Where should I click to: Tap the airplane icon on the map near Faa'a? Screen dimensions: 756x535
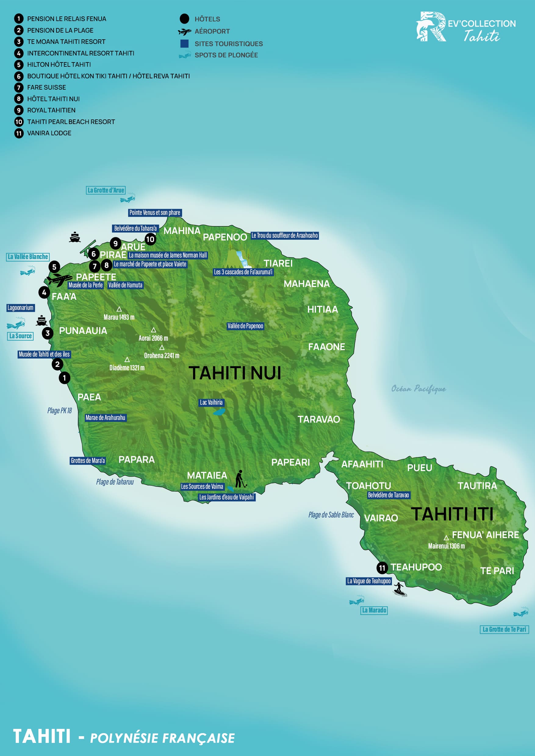[x=59, y=279]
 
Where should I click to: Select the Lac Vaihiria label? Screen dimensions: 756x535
[x=211, y=402]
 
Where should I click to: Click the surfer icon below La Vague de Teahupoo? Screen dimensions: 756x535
[x=400, y=589]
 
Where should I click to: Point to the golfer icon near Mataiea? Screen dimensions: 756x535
[x=240, y=479]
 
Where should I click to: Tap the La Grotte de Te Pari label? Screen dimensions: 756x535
[x=504, y=629]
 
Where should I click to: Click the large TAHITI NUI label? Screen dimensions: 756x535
[x=235, y=373]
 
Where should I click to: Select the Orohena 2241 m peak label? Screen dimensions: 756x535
[x=162, y=356]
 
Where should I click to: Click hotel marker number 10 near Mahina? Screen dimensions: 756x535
[x=150, y=240]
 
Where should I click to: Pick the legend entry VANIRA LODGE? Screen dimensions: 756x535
[x=49, y=133]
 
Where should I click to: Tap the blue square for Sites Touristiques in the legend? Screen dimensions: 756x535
[x=185, y=44]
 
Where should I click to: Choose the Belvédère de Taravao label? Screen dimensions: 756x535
[x=388, y=495]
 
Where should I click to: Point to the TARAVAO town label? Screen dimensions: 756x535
[x=318, y=419]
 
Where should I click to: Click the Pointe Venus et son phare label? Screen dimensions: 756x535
[x=155, y=213]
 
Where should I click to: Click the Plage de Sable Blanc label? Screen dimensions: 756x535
[x=331, y=515]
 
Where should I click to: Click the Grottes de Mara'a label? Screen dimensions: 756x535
[x=88, y=461]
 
